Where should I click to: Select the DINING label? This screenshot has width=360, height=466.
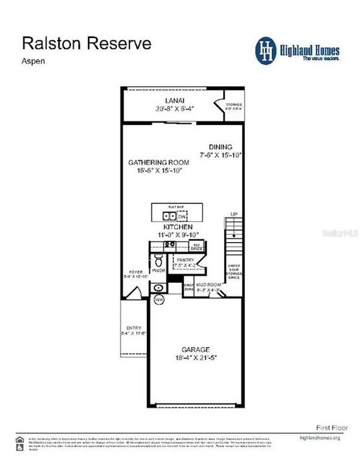(220, 147)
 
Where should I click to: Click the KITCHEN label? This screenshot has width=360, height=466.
(177, 227)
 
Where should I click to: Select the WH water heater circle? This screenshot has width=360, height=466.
(157, 300)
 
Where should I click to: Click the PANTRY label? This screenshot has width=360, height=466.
(185, 259)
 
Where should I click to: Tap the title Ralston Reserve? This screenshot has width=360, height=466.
(87, 43)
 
